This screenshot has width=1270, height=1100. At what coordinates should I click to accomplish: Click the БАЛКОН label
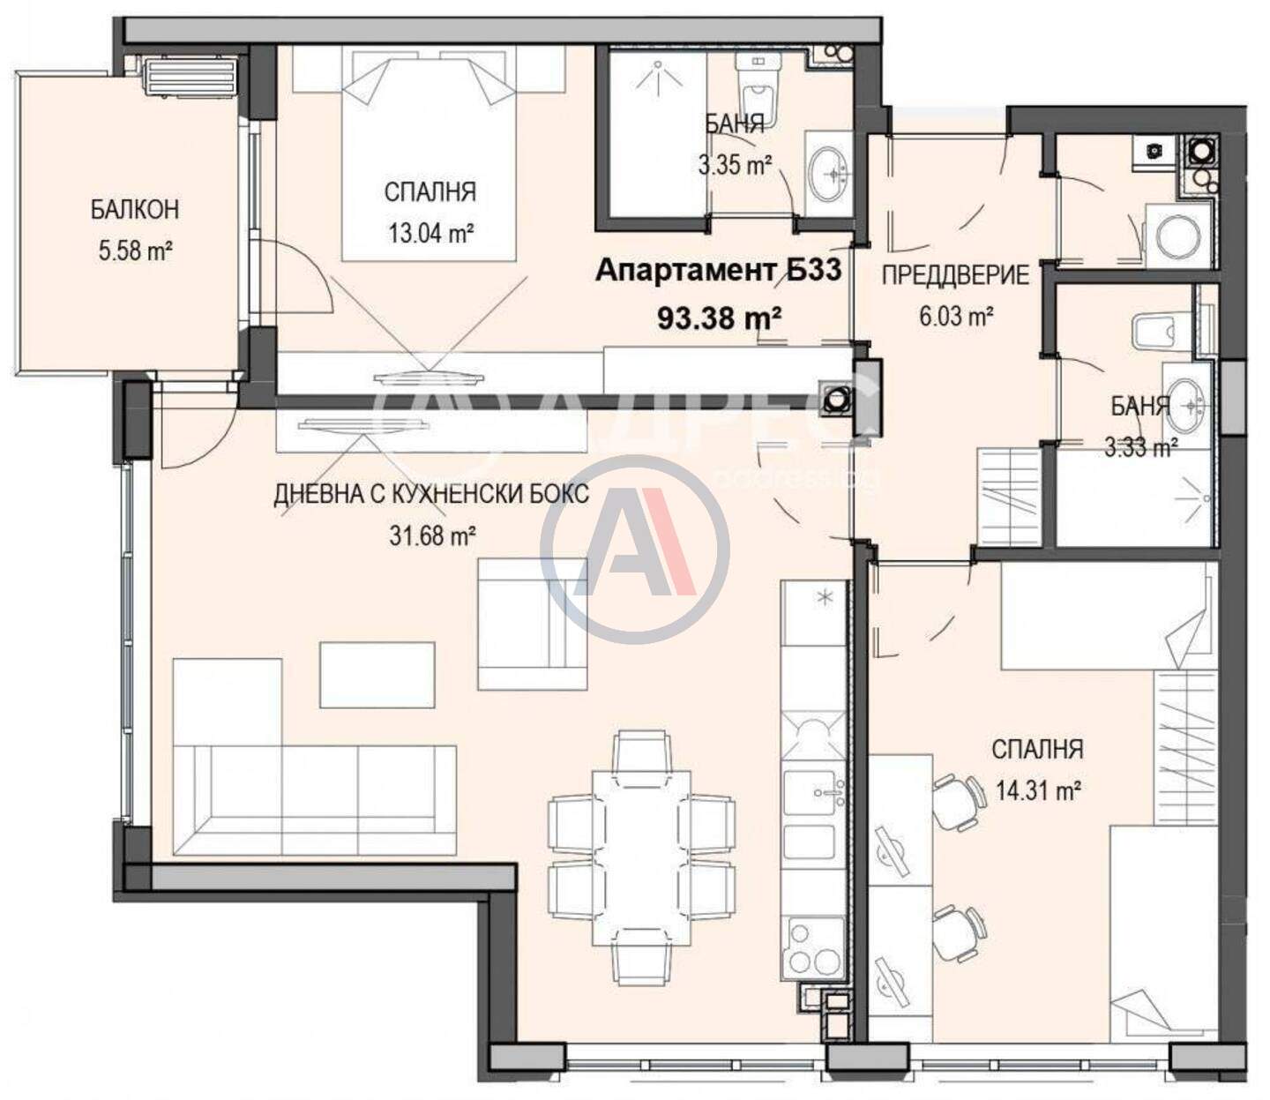[x=135, y=210]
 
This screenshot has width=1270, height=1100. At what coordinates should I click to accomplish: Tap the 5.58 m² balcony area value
[x=135, y=251]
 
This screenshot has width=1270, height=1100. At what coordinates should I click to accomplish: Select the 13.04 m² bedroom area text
[x=430, y=233]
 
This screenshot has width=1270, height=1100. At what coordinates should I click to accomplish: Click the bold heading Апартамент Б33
[x=718, y=270]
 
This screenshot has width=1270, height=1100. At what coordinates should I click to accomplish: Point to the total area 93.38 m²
[x=720, y=318]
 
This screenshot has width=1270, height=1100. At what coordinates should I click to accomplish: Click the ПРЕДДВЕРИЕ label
[x=955, y=274]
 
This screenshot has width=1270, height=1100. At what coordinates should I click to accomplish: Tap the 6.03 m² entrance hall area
[x=957, y=317]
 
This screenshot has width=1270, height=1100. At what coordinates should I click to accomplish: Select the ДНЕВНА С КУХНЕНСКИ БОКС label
[x=430, y=494]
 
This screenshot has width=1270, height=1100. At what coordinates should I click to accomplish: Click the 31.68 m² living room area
[x=432, y=535]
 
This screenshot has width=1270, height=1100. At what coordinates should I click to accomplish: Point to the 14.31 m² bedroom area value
[x=1038, y=790]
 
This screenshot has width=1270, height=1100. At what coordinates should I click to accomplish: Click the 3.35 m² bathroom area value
[x=735, y=164]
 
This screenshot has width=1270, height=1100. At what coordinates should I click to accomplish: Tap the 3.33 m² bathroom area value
[x=1141, y=448]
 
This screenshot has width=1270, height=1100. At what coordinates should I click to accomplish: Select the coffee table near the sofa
[x=377, y=675]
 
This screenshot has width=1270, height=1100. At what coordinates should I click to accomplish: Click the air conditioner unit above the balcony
[x=190, y=76]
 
